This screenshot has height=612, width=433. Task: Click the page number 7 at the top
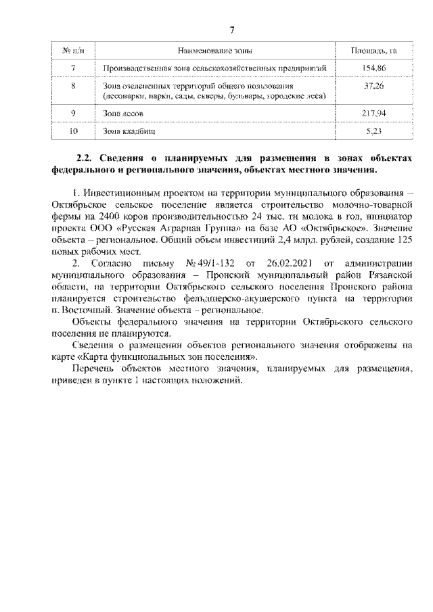pos(231,30)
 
